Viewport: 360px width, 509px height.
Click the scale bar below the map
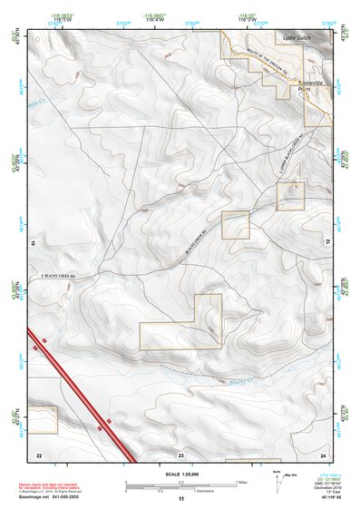(x=180, y=485)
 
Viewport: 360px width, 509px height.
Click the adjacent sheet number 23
(x=180, y=453)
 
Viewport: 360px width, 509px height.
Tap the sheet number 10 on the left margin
(x=34, y=243)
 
